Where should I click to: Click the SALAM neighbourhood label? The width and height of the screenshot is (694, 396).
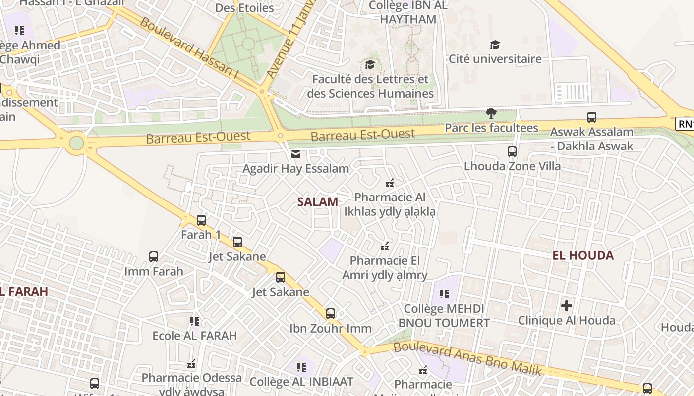[x=318, y=202]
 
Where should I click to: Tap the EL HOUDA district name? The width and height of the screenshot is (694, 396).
[x=583, y=255]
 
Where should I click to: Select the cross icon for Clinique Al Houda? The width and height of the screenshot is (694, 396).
[x=567, y=306]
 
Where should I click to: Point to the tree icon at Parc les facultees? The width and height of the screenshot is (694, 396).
[x=491, y=113]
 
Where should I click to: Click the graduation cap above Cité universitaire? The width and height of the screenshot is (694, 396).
[x=495, y=45]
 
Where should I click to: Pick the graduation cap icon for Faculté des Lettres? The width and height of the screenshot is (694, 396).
[x=370, y=65]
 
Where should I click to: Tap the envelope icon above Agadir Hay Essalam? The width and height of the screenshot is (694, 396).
[x=296, y=154]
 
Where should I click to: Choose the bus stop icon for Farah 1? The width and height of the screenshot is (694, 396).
[x=201, y=220]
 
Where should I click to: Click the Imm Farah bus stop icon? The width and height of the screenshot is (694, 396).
[x=154, y=257]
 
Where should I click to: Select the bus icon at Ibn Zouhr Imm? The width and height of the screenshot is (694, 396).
[x=331, y=314]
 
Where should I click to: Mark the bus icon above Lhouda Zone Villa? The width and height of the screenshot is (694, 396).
[x=512, y=151]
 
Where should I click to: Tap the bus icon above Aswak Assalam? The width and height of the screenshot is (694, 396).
[x=592, y=117]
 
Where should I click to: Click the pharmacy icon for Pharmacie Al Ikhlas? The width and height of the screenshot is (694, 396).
[x=390, y=183]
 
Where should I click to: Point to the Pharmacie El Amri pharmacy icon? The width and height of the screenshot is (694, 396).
[x=385, y=246]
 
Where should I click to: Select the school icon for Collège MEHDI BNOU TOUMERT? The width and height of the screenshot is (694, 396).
[x=444, y=294]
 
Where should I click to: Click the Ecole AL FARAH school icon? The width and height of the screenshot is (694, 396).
[x=195, y=321]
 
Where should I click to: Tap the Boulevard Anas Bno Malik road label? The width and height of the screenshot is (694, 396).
[x=466, y=358]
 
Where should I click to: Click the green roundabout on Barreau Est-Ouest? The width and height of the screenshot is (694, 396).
[x=76, y=143]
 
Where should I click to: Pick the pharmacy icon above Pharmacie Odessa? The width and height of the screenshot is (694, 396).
[x=192, y=364]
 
